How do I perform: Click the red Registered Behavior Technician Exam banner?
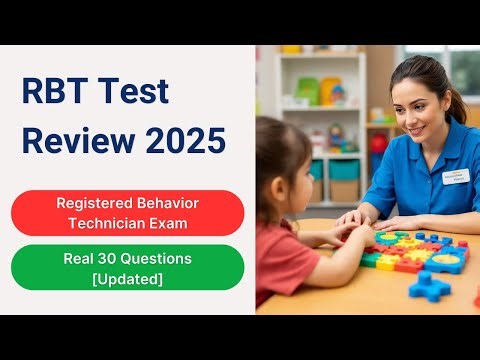[x=127, y=212]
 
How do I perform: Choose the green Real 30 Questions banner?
[x=127, y=266]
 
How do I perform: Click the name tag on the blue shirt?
[x=455, y=177]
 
